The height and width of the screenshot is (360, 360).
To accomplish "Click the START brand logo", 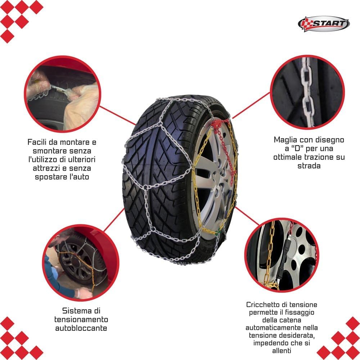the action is (324, 24).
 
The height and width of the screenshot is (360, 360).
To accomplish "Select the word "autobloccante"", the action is (81, 328).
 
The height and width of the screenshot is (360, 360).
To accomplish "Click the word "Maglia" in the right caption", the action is (285, 140).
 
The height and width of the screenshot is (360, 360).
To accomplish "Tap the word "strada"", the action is (309, 166).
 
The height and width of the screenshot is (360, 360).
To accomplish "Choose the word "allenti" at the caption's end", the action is (282, 351).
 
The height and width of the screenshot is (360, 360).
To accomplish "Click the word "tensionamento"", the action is (81, 320).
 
